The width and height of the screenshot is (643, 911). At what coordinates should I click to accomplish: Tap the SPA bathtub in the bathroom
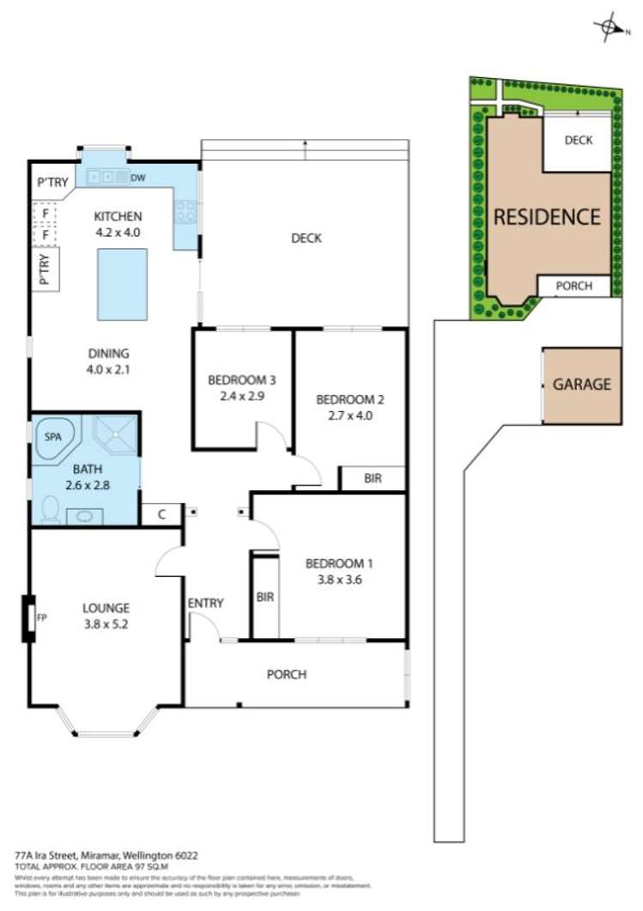point(53,436)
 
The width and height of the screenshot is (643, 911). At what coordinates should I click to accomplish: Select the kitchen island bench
point(121,283)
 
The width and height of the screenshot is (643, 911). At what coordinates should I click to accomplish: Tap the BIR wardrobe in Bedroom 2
point(373,478)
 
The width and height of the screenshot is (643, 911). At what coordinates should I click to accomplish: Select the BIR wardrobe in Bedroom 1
point(265,597)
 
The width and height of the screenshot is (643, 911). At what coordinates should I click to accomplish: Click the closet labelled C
point(161,513)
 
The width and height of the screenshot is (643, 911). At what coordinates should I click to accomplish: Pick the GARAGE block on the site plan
point(581,385)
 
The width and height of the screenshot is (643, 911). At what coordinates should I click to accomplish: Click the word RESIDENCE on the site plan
point(547,217)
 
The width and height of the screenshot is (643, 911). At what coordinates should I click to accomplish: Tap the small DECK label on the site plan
point(578,140)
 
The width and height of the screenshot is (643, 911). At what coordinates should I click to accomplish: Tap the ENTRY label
point(205,604)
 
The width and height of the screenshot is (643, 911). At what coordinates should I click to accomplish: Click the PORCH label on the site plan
point(573,286)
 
